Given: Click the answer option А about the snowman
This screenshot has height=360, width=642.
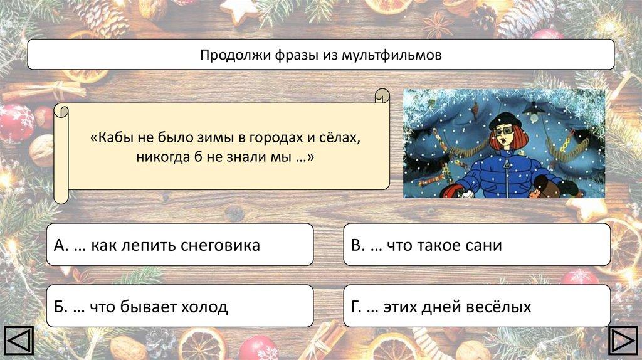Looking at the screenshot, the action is tap(180, 245).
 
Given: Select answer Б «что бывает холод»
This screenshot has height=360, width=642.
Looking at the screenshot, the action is tap(180, 306).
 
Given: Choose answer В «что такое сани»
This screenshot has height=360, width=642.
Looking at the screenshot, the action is tap(477, 245).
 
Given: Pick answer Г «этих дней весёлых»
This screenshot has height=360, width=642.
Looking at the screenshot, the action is tap(477, 306).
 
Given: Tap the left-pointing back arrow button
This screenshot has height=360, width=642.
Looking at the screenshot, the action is tap(19, 341).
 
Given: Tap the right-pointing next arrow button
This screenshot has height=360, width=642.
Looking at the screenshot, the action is tap(624, 341).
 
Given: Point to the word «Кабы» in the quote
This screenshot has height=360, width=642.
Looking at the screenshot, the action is tap(113, 137).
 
